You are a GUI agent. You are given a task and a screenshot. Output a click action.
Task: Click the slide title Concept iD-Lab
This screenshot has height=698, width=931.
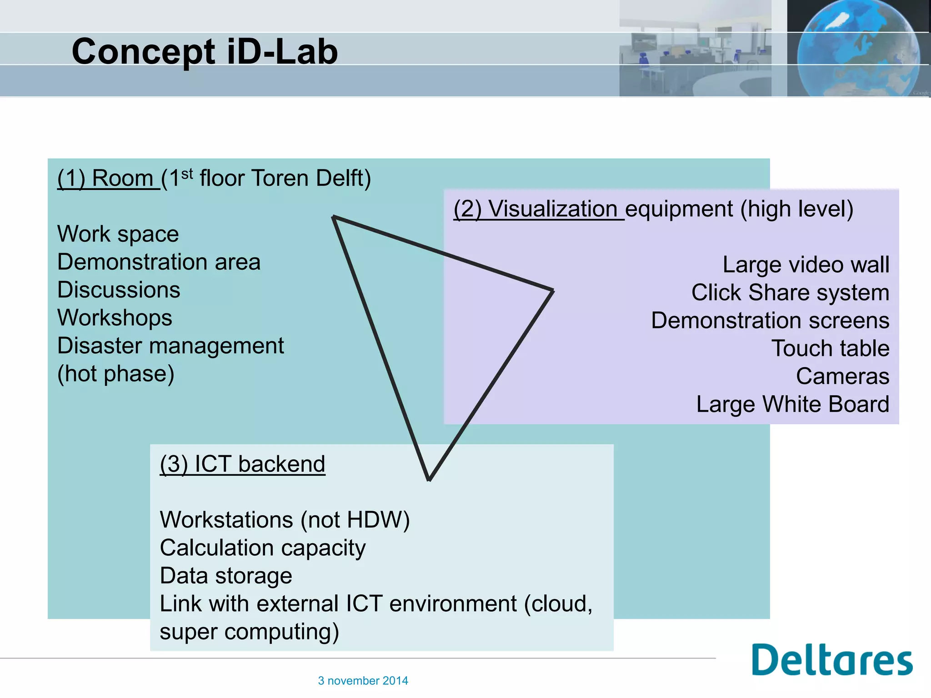click(205, 51)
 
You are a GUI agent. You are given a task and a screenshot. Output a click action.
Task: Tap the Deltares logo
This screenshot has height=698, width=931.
click(831, 660)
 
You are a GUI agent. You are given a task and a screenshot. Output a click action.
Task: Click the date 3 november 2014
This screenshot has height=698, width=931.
click(363, 681)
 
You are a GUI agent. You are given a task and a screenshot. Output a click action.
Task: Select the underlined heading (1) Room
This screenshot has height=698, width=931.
click(108, 178)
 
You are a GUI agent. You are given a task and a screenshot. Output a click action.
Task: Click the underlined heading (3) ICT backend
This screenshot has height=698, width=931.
click(242, 464)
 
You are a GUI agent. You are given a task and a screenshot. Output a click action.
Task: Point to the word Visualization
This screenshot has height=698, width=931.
click(552, 209)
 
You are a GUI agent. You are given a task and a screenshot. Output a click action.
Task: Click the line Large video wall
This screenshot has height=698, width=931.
click(806, 265)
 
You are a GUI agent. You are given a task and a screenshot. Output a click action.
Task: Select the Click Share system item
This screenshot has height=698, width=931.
click(790, 293)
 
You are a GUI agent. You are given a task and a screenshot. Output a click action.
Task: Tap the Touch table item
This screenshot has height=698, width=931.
click(830, 349)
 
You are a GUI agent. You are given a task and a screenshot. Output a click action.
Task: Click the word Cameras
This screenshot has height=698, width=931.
click(842, 377)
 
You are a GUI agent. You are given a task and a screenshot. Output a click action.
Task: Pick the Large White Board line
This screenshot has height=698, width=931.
click(792, 404)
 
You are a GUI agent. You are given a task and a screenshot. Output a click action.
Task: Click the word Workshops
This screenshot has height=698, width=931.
click(115, 318)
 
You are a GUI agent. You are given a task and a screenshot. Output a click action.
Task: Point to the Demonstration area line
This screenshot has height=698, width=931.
click(159, 262)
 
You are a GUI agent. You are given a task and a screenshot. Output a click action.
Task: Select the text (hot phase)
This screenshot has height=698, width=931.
click(116, 374)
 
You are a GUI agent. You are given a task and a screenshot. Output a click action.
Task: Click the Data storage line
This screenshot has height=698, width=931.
click(226, 576)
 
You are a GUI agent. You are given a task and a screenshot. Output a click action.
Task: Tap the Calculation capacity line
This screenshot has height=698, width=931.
click(263, 548)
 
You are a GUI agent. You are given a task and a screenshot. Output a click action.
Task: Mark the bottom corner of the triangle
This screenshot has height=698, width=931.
click(429, 479)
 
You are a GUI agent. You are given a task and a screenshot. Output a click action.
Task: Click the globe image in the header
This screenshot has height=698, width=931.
click(858, 48)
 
